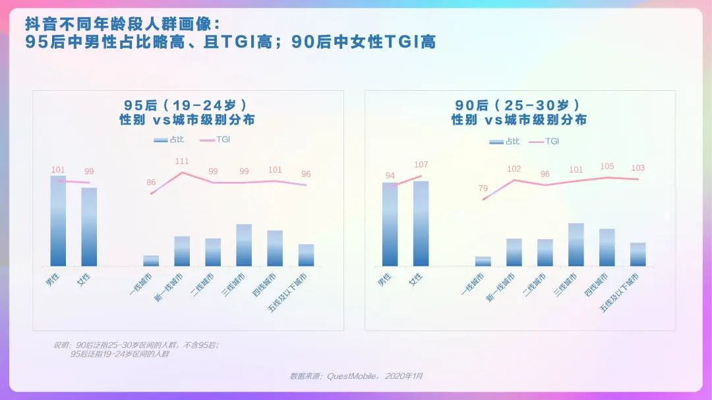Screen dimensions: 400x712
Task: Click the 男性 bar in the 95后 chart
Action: tap(58, 221)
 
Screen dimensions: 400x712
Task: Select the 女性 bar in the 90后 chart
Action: tap(421, 223)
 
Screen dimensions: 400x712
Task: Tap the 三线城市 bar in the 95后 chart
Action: tap(244, 245)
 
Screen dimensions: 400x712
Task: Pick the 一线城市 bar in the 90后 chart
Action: tap(483, 262)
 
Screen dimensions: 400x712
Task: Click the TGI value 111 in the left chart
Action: tap(182, 161)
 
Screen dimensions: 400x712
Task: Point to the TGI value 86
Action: tap(151, 183)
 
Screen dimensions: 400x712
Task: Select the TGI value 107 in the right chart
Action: tap(421, 165)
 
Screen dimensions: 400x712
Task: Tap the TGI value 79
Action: tap(483, 188)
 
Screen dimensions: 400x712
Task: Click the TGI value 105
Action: tap(607, 167)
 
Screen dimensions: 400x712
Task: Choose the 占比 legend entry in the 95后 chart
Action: tap(169, 140)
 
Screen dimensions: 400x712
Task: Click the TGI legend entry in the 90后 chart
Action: tap(544, 141)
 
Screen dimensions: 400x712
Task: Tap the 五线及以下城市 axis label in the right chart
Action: tap(620, 291)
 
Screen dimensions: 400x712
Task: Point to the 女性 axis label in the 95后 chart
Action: tap(83, 278)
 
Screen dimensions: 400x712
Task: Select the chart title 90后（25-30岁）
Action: tap(519, 105)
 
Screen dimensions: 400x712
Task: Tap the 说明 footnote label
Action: tap(61, 345)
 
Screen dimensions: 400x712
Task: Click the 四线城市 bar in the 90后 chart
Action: tap(607, 247)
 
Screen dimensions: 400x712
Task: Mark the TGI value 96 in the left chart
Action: tap(306, 174)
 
